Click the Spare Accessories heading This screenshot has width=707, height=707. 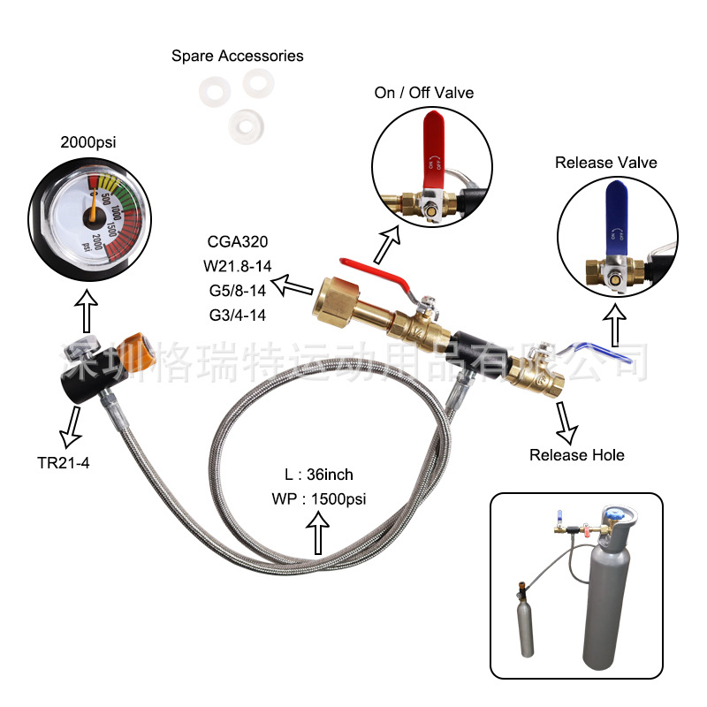coord(237,56)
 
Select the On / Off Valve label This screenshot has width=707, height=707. coord(424,93)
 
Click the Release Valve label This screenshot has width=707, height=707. coord(606,163)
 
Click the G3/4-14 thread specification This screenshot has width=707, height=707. coord(236,314)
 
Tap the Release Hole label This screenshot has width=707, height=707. coord(576,455)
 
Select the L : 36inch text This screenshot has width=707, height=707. coord(318,475)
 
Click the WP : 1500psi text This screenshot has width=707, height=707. coord(318,498)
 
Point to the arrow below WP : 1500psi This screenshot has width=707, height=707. coord(318,536)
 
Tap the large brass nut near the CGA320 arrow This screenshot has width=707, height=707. coord(336,295)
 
